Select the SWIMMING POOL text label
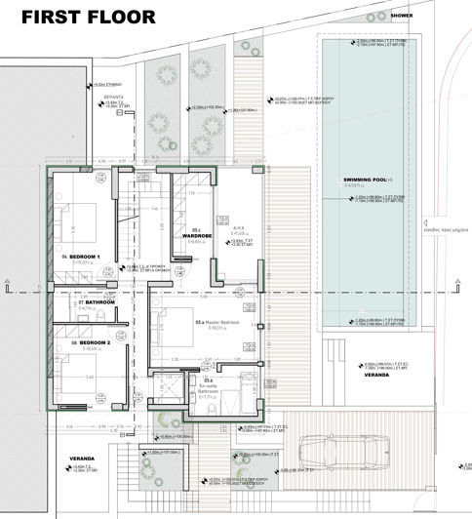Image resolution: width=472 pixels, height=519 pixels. [x=367, y=180]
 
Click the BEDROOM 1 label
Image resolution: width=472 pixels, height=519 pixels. [x=88, y=257]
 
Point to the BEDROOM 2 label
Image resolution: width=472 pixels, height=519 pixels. [x=89, y=343]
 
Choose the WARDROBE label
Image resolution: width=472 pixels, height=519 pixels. [x=198, y=235]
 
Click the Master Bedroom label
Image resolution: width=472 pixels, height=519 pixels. [x=217, y=323]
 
